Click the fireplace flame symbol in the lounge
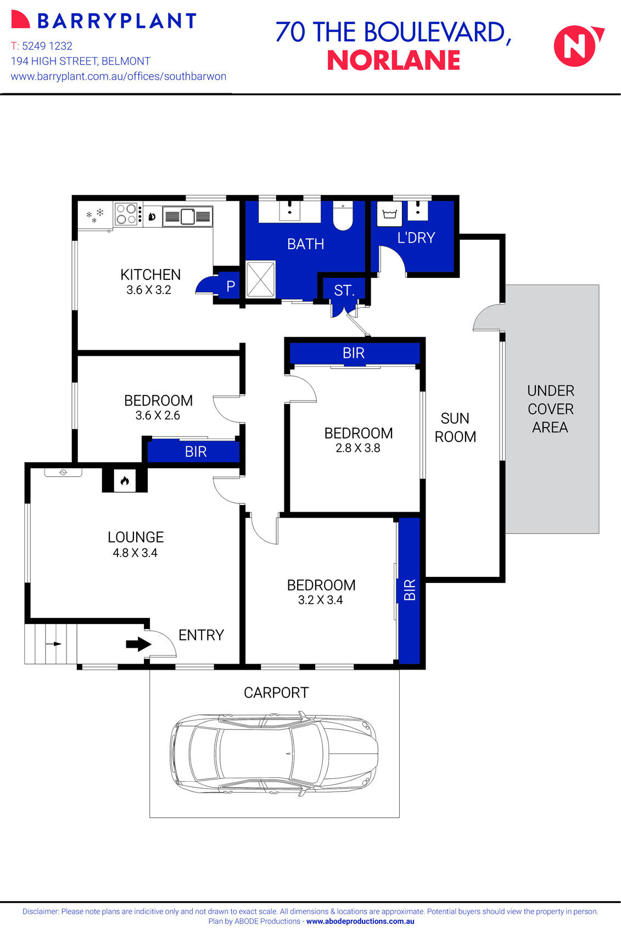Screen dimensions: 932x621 125,481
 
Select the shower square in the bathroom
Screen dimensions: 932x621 260,279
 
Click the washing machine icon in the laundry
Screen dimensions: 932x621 389,214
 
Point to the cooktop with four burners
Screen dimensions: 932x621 126,214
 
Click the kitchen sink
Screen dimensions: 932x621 187,216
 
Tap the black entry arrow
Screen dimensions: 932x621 138,644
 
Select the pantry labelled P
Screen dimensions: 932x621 231,286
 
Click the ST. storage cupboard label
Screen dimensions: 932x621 344,290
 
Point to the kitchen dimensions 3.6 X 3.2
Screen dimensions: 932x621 149,290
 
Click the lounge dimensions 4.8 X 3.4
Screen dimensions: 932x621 135,553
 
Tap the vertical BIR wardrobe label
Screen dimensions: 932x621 410,589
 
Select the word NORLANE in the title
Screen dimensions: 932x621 393,60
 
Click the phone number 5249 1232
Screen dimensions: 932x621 47,46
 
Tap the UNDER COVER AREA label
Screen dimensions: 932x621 550,409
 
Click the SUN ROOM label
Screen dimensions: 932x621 455,428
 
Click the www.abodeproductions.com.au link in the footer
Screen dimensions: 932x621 360,922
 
